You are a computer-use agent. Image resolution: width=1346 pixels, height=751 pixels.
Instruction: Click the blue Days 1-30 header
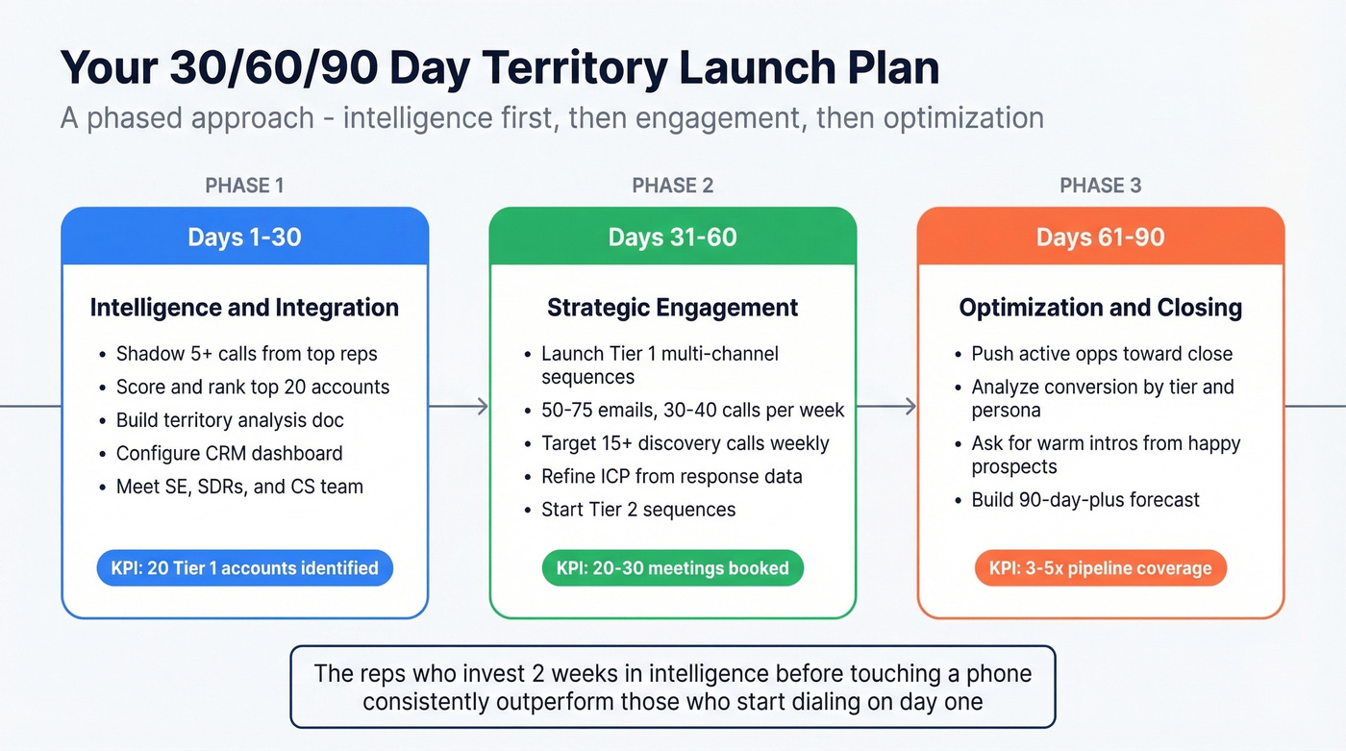point(244,237)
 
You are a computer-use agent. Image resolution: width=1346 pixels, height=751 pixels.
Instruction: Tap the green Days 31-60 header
point(672,237)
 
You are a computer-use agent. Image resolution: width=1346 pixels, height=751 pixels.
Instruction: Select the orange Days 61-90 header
point(1100,237)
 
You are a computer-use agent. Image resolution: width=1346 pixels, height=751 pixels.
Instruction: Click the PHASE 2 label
point(672,186)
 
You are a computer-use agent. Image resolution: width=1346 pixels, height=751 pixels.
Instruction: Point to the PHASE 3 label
point(1100,186)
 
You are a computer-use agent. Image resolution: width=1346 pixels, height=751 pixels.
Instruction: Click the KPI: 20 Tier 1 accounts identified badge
point(245,567)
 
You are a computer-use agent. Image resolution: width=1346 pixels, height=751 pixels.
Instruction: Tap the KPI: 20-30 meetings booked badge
point(672,567)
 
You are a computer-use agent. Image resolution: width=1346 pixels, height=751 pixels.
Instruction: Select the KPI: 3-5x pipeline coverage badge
point(1100,567)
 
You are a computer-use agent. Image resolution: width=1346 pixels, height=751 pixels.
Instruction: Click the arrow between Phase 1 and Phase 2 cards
point(459,407)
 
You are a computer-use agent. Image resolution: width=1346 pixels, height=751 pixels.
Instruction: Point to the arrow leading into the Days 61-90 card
point(886,407)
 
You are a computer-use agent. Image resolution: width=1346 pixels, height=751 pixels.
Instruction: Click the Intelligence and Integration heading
point(244,308)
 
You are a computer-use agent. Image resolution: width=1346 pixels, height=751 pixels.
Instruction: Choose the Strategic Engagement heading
point(672,308)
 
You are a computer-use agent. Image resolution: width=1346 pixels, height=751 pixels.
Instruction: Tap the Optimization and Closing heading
point(1100,308)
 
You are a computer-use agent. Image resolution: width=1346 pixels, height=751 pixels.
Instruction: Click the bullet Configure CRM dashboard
point(229,453)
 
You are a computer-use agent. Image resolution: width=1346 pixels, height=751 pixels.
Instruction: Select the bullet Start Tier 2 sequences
point(637,509)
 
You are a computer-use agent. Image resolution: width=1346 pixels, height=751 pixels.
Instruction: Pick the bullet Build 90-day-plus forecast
point(1085,500)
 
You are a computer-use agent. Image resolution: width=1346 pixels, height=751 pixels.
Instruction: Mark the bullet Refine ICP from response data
point(671,476)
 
